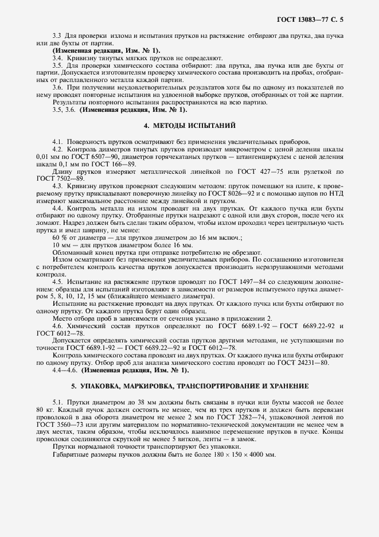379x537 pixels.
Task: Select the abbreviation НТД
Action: point(337,194)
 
